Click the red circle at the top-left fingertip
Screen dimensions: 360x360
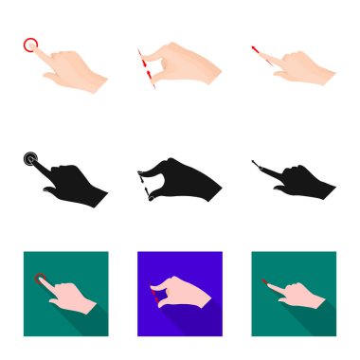(x=30, y=44)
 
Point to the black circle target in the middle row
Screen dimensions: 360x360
(x=30, y=159)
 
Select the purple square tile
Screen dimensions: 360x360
(x=180, y=292)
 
